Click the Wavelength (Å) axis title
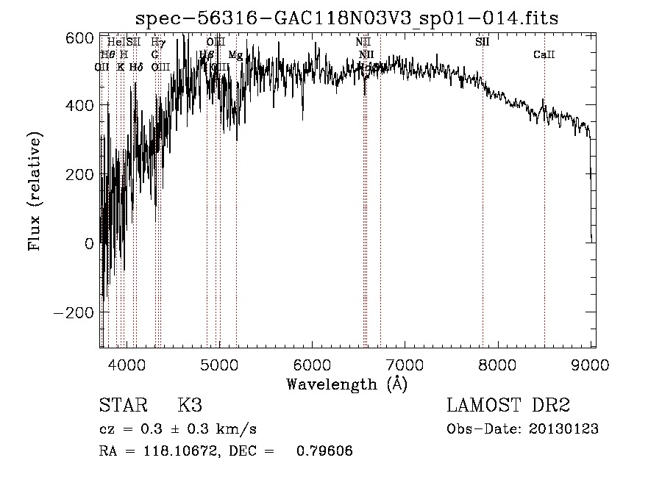346,384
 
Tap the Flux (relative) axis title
35,191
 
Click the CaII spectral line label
544,55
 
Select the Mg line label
235,55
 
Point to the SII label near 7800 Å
482,42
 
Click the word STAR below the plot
121,406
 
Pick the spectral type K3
189,406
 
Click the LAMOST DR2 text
508,406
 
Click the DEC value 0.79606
324,452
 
